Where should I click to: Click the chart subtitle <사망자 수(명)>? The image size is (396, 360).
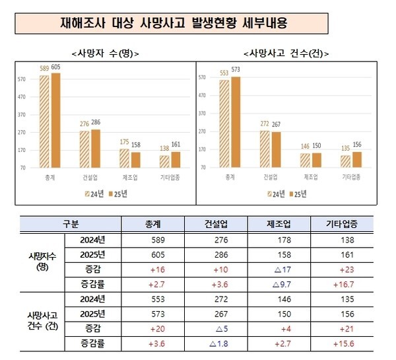click(106, 54)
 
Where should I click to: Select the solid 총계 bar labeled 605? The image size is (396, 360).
click(55, 120)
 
